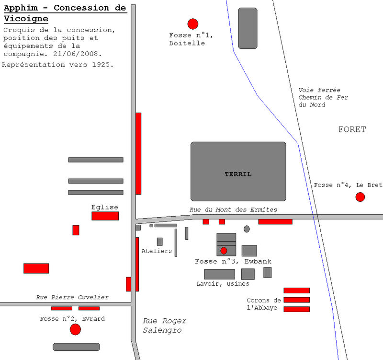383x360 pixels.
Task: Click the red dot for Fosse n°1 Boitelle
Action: point(193,24)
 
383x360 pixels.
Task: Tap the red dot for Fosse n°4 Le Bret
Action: point(360,197)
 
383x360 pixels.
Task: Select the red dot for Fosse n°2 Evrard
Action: point(75,329)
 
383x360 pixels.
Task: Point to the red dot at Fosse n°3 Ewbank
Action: point(224,250)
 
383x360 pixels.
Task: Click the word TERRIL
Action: point(238,174)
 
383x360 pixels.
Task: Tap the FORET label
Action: point(352,129)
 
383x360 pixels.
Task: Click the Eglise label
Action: point(105,207)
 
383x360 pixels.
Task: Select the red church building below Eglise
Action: point(105,216)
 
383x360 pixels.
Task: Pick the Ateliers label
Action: point(157,251)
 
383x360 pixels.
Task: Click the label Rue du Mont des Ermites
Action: point(233,209)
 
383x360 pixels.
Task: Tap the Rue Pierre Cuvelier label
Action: point(72,297)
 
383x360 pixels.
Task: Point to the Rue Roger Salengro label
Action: point(164,325)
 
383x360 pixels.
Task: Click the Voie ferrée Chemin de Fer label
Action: point(323,97)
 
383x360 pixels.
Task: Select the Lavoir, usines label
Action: point(223,284)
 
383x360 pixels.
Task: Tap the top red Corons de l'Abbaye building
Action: point(296,290)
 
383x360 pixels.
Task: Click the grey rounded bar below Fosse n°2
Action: point(76,347)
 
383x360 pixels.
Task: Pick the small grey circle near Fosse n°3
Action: point(247,229)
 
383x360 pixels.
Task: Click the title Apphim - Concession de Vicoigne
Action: point(65,13)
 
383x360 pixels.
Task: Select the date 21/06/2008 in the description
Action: point(79,54)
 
